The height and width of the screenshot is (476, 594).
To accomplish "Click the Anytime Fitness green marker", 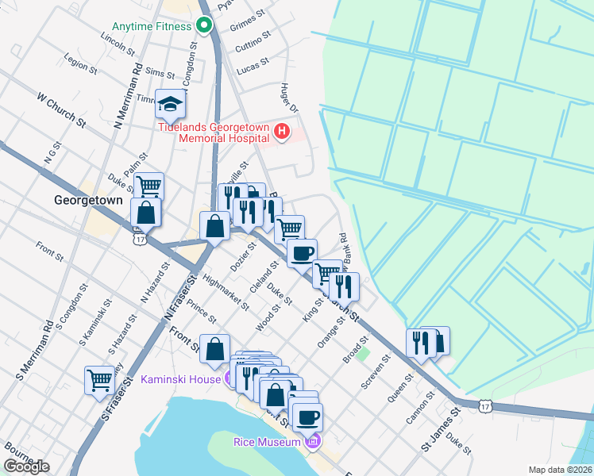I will click(x=203, y=25).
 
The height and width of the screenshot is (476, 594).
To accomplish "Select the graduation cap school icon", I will click(x=170, y=103).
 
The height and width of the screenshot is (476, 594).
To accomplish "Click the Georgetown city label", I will click(x=88, y=201).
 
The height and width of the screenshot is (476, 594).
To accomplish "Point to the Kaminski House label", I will click(x=180, y=379).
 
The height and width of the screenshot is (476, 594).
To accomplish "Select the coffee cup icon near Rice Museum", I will click(x=307, y=415).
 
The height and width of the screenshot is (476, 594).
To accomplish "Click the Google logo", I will click(x=26, y=466).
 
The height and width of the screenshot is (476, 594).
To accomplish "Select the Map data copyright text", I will click(x=560, y=470).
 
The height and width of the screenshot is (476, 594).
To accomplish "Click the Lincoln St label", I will click(x=118, y=43).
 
